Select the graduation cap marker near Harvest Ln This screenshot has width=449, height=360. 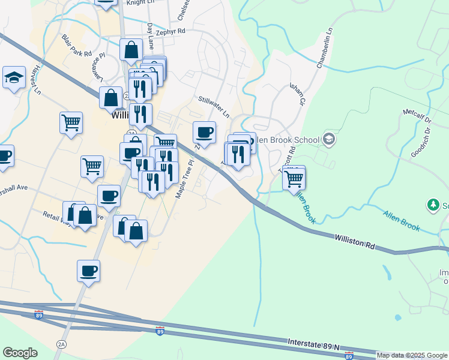(x=14, y=77)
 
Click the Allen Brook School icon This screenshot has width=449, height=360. (x=328, y=139)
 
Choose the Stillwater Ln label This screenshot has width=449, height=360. (x=214, y=106)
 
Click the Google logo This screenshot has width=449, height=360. (x=20, y=353)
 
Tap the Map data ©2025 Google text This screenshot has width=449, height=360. (x=412, y=355)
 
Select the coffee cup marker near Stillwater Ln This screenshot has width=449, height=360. (x=205, y=132)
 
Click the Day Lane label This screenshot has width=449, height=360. (x=151, y=37)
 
